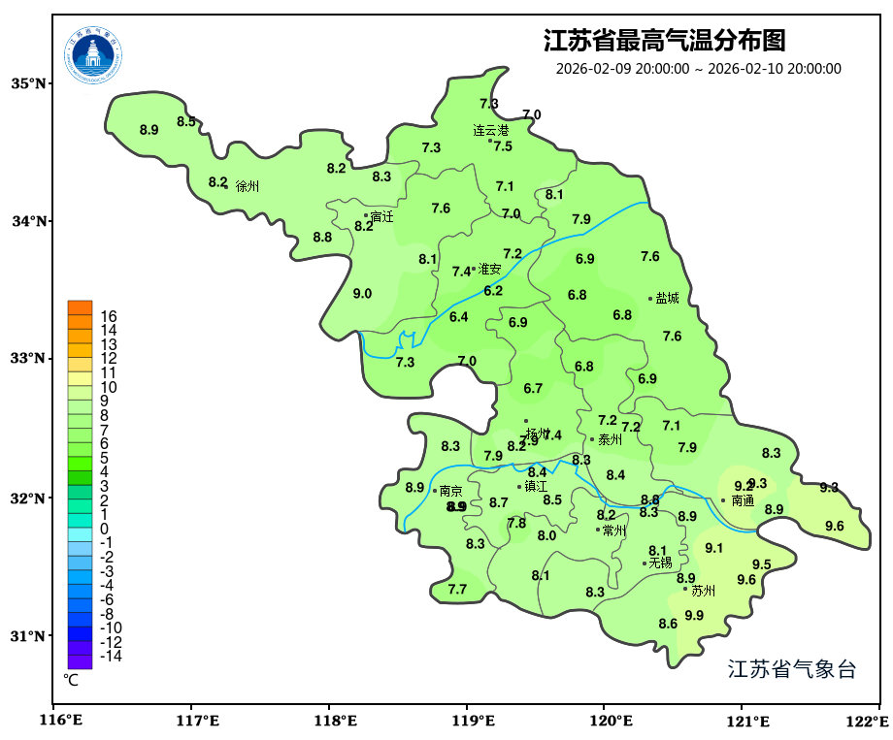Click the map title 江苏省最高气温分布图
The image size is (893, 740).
pyautogui.click(x=664, y=41)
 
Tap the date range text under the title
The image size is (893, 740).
pyautogui.click(x=698, y=69)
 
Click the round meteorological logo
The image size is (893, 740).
pyautogui.click(x=94, y=54)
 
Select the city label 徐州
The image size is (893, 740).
pyautogui.click(x=248, y=185)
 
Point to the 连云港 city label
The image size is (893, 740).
pyautogui.click(x=490, y=130)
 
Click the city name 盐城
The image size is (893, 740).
pyautogui.click(x=667, y=299)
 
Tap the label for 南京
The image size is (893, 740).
pyautogui.click(x=450, y=491)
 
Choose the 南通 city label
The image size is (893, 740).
pyautogui.click(x=742, y=500)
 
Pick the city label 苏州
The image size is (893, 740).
pyautogui.click(x=703, y=590)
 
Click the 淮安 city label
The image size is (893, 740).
pyautogui.click(x=489, y=270)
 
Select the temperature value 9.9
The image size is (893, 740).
pyautogui.click(x=694, y=615)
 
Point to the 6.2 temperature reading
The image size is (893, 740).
pyautogui.click(x=493, y=291)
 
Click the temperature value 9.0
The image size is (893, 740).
pyautogui.click(x=362, y=293)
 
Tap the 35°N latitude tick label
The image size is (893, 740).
pyautogui.click(x=28, y=83)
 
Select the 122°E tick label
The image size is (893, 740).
pyautogui.click(x=870, y=721)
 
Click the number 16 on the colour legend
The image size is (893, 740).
pyautogui.click(x=109, y=316)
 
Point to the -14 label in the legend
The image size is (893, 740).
pyautogui.click(x=111, y=656)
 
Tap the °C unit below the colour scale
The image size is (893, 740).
pyautogui.click(x=71, y=680)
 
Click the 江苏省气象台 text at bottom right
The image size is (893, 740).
pyautogui.click(x=791, y=669)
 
